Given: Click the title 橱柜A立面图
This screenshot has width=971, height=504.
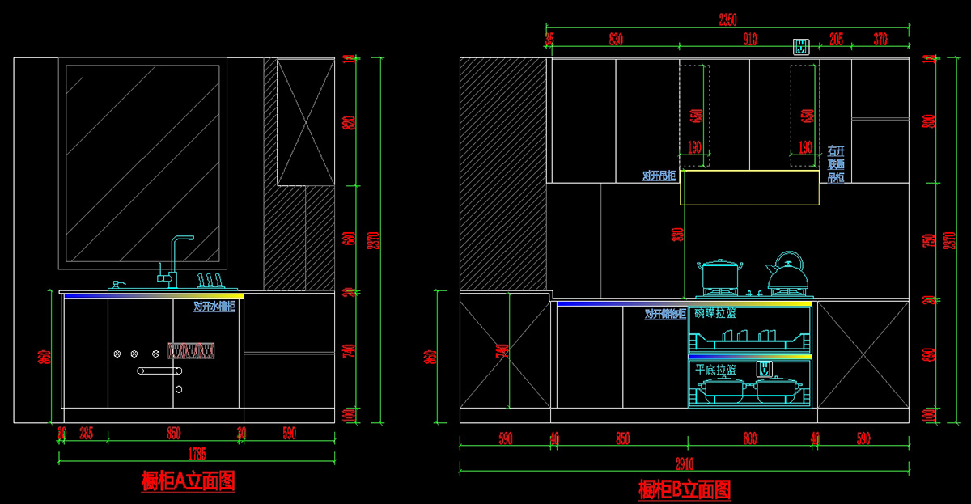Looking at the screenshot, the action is coord(188,481).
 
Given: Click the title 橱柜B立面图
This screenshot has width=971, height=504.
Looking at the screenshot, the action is coord(685,489).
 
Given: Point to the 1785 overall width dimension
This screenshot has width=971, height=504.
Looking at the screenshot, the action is coord(196,453).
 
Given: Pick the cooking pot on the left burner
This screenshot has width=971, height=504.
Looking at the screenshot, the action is coord(719,275).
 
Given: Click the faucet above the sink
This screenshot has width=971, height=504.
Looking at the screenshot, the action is coord(178,259).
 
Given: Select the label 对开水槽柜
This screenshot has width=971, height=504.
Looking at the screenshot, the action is coord(214,307).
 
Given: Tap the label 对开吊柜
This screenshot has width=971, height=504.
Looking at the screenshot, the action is coord(659,176).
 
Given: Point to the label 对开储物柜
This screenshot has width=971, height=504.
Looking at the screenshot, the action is coord(665,314).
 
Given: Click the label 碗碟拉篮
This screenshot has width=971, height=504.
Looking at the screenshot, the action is coord(715,313).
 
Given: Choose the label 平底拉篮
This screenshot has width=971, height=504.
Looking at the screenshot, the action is coord(715,369).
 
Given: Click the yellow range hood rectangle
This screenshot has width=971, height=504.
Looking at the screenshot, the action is coord(749,188).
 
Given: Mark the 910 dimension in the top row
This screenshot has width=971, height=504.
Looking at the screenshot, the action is coord(749,38).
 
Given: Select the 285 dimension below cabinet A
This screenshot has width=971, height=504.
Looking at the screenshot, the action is coord(86,434).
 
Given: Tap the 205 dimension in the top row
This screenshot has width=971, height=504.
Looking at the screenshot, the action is coord(837,38).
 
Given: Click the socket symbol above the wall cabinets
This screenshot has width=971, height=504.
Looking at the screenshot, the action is coord(800,46).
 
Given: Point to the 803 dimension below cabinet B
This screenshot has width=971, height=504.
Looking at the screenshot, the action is coord(749,439).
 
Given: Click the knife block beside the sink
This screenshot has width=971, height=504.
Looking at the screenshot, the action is coord(209,280).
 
